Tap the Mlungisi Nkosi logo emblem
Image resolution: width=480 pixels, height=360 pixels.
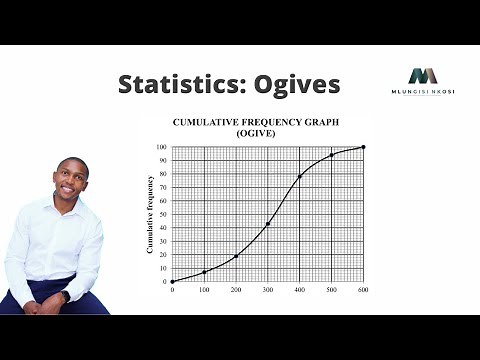[423, 76]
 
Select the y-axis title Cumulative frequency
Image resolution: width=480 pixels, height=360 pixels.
[151, 214]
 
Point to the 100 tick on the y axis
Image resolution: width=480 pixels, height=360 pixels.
[161, 147]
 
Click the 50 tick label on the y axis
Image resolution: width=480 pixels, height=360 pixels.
[162, 214]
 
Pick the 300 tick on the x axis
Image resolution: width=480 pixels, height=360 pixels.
[268, 290]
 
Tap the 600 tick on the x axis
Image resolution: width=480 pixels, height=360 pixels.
[363, 290]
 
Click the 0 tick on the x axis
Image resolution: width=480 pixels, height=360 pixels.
[172, 290]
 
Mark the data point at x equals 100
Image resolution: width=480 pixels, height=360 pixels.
[204, 272]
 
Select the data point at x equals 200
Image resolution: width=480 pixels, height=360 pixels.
[236, 256]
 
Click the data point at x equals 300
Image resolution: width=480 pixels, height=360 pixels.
[268, 224]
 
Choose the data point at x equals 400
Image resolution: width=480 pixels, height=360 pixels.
[300, 177]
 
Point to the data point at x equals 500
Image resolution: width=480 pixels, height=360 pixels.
[332, 155]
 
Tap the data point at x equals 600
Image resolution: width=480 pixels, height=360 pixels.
[363, 147]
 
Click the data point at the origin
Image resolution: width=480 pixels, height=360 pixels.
[172, 281]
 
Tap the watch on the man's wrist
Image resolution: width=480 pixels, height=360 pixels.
[66, 296]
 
